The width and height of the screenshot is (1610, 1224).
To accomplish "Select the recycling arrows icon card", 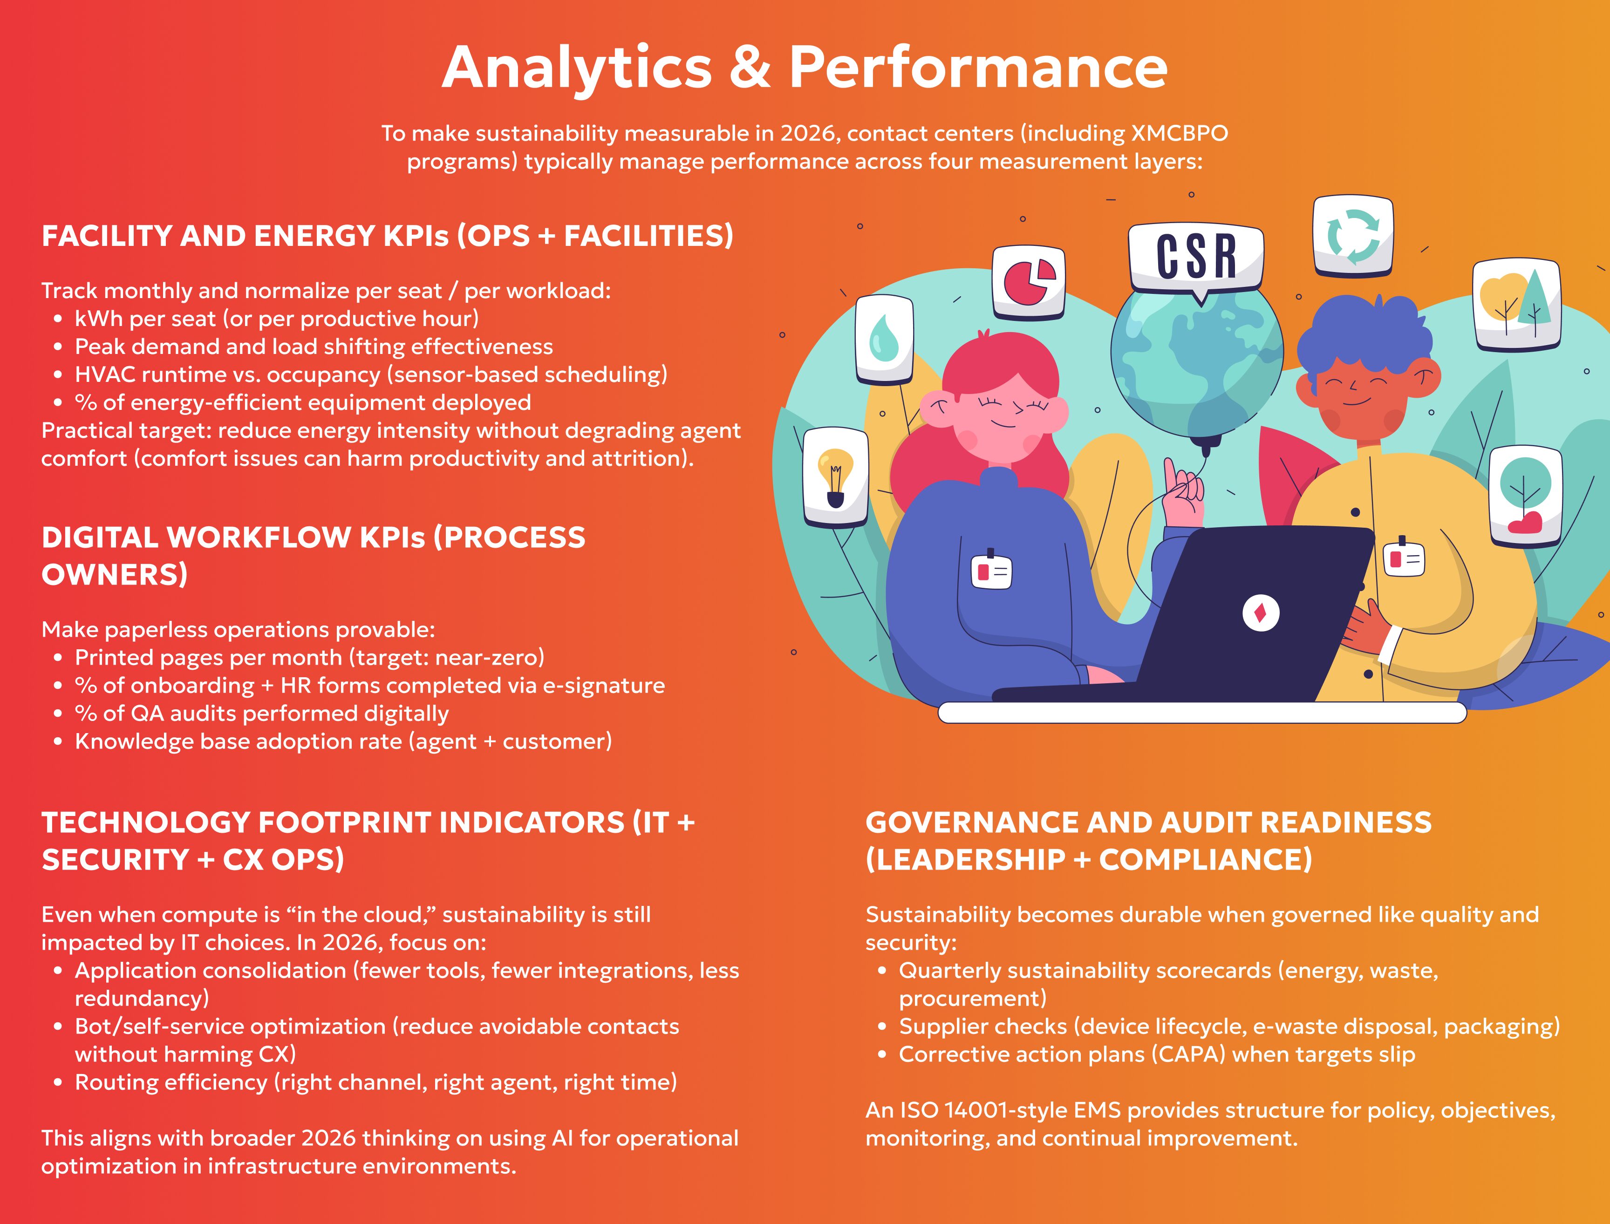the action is (x=1353, y=237).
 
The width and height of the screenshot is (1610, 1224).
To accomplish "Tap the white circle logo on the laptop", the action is (x=1260, y=613).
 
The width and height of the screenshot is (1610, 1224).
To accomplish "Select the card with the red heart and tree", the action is (x=1526, y=497).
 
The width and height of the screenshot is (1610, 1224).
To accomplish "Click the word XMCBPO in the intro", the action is (x=1179, y=133).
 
